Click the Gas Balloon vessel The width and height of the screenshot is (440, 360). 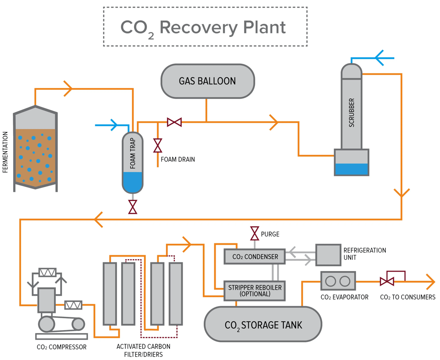pyautogui.click(x=207, y=81)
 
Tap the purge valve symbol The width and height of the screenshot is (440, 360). pyautogui.click(x=254, y=234)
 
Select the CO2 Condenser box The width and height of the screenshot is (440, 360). pyautogui.click(x=255, y=257)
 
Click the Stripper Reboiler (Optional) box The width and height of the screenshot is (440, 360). pyautogui.click(x=255, y=290)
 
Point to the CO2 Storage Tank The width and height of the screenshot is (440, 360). pyautogui.click(x=263, y=324)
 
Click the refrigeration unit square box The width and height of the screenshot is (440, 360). pyautogui.click(x=328, y=254)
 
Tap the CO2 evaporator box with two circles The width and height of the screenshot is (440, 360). pyautogui.click(x=338, y=281)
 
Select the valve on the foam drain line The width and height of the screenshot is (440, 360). pyautogui.click(x=158, y=145)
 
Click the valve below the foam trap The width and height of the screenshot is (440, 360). pyautogui.click(x=132, y=206)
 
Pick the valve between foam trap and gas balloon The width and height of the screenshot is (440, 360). pyautogui.click(x=174, y=122)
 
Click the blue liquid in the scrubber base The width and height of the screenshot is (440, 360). pyautogui.click(x=351, y=169)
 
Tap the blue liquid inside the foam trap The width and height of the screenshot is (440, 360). pyautogui.click(x=132, y=181)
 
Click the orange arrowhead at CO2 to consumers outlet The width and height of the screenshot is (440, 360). pyautogui.click(x=430, y=281)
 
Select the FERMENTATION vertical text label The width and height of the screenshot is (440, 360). pyautogui.click(x=6, y=151)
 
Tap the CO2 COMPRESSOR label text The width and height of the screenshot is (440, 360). pyautogui.click(x=62, y=347)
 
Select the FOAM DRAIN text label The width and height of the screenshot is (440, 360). pyautogui.click(x=181, y=159)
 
